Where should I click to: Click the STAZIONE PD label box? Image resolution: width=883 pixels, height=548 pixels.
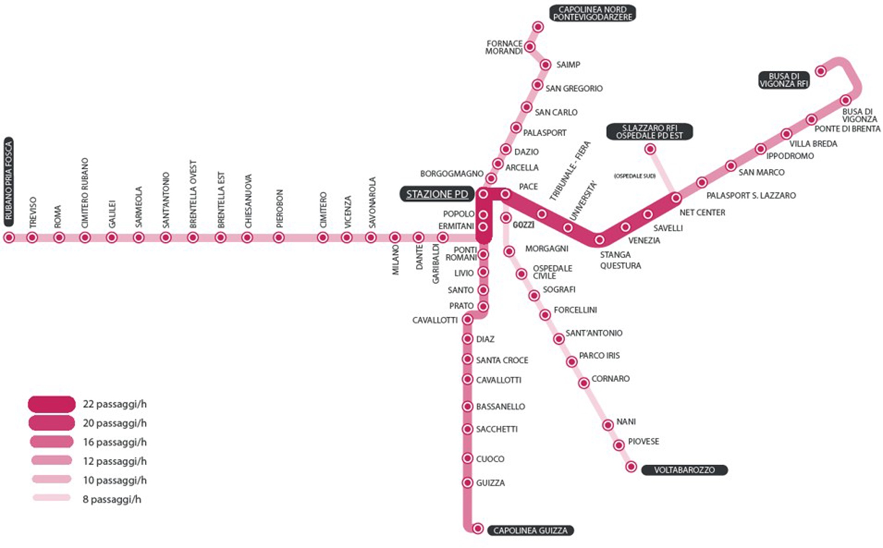click(x=437, y=194)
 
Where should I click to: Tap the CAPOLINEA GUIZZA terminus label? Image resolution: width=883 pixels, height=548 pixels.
click(x=530, y=531)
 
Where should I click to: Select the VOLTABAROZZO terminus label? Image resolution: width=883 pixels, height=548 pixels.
click(x=684, y=470)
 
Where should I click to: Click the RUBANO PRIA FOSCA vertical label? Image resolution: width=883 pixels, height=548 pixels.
click(x=9, y=182)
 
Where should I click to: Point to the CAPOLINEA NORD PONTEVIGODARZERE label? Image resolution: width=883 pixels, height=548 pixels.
click(x=592, y=13)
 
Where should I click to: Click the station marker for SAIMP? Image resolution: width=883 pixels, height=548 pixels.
click(x=545, y=64)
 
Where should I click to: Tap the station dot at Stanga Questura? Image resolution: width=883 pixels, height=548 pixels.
click(x=599, y=240)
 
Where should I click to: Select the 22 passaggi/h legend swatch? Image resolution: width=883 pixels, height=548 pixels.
click(x=52, y=404)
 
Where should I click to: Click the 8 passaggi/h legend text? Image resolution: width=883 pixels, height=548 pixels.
click(x=112, y=499)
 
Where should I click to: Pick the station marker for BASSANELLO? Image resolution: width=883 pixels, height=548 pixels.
click(x=467, y=406)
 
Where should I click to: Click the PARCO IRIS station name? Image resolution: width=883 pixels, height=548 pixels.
click(x=599, y=355)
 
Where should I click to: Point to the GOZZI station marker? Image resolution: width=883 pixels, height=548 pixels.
click(x=506, y=217)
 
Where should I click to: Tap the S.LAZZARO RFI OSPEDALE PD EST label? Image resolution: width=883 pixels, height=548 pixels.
click(x=649, y=132)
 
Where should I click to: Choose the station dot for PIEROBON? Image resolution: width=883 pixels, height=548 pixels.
click(x=278, y=238)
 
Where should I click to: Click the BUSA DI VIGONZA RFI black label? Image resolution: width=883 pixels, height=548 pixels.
click(x=784, y=80)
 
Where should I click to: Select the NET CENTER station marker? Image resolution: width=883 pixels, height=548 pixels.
click(x=676, y=198)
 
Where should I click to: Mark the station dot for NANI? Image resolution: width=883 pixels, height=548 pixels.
click(x=608, y=425)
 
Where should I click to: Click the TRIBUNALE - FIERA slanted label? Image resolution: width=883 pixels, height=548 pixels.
click(x=569, y=171)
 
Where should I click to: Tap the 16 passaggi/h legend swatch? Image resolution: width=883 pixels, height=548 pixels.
click(x=52, y=442)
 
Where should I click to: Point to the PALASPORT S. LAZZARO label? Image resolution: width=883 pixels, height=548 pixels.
click(x=751, y=195)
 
